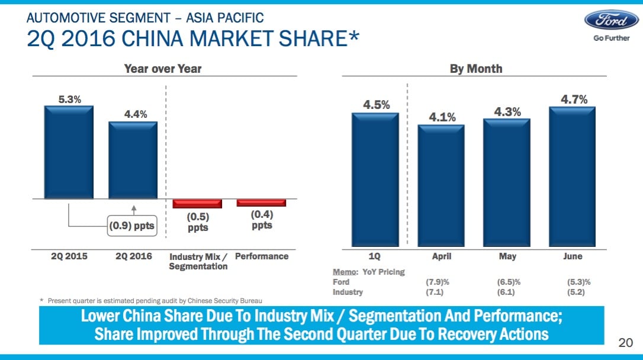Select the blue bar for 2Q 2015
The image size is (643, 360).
coord(69,152)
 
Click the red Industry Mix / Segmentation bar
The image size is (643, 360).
coord(197,203)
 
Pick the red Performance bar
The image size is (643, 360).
coord(261,202)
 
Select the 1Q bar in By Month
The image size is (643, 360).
coord(375,179)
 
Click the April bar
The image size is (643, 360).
coord(441,185)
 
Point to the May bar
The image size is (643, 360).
coord(507,182)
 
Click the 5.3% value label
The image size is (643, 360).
coord(69,99)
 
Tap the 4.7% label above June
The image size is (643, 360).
coord(573,99)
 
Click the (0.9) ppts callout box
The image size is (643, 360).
coord(131,226)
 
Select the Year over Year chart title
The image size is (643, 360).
coord(162,69)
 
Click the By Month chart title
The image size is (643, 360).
coord(475,69)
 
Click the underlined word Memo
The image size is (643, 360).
coord(345,272)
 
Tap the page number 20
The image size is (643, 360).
coord(625,342)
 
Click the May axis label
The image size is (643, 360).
coord(507,256)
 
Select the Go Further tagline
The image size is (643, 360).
coord(611,39)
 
